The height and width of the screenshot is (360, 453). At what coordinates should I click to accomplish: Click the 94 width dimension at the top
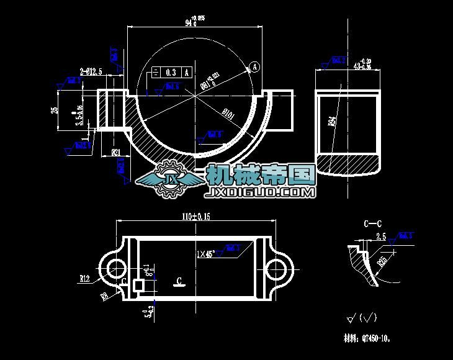click(x=189, y=23)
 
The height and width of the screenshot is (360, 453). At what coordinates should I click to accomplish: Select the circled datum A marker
click(x=255, y=66)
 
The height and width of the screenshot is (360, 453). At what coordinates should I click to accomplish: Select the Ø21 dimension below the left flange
click(x=115, y=151)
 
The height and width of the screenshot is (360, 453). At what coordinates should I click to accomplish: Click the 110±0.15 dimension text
click(x=195, y=217)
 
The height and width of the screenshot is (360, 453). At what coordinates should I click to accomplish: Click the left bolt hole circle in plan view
click(x=116, y=269)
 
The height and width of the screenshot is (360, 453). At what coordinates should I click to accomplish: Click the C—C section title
click(x=373, y=223)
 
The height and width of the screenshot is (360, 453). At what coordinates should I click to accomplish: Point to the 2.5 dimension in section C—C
click(x=381, y=236)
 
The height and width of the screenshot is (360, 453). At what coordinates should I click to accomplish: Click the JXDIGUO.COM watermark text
click(x=261, y=193)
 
